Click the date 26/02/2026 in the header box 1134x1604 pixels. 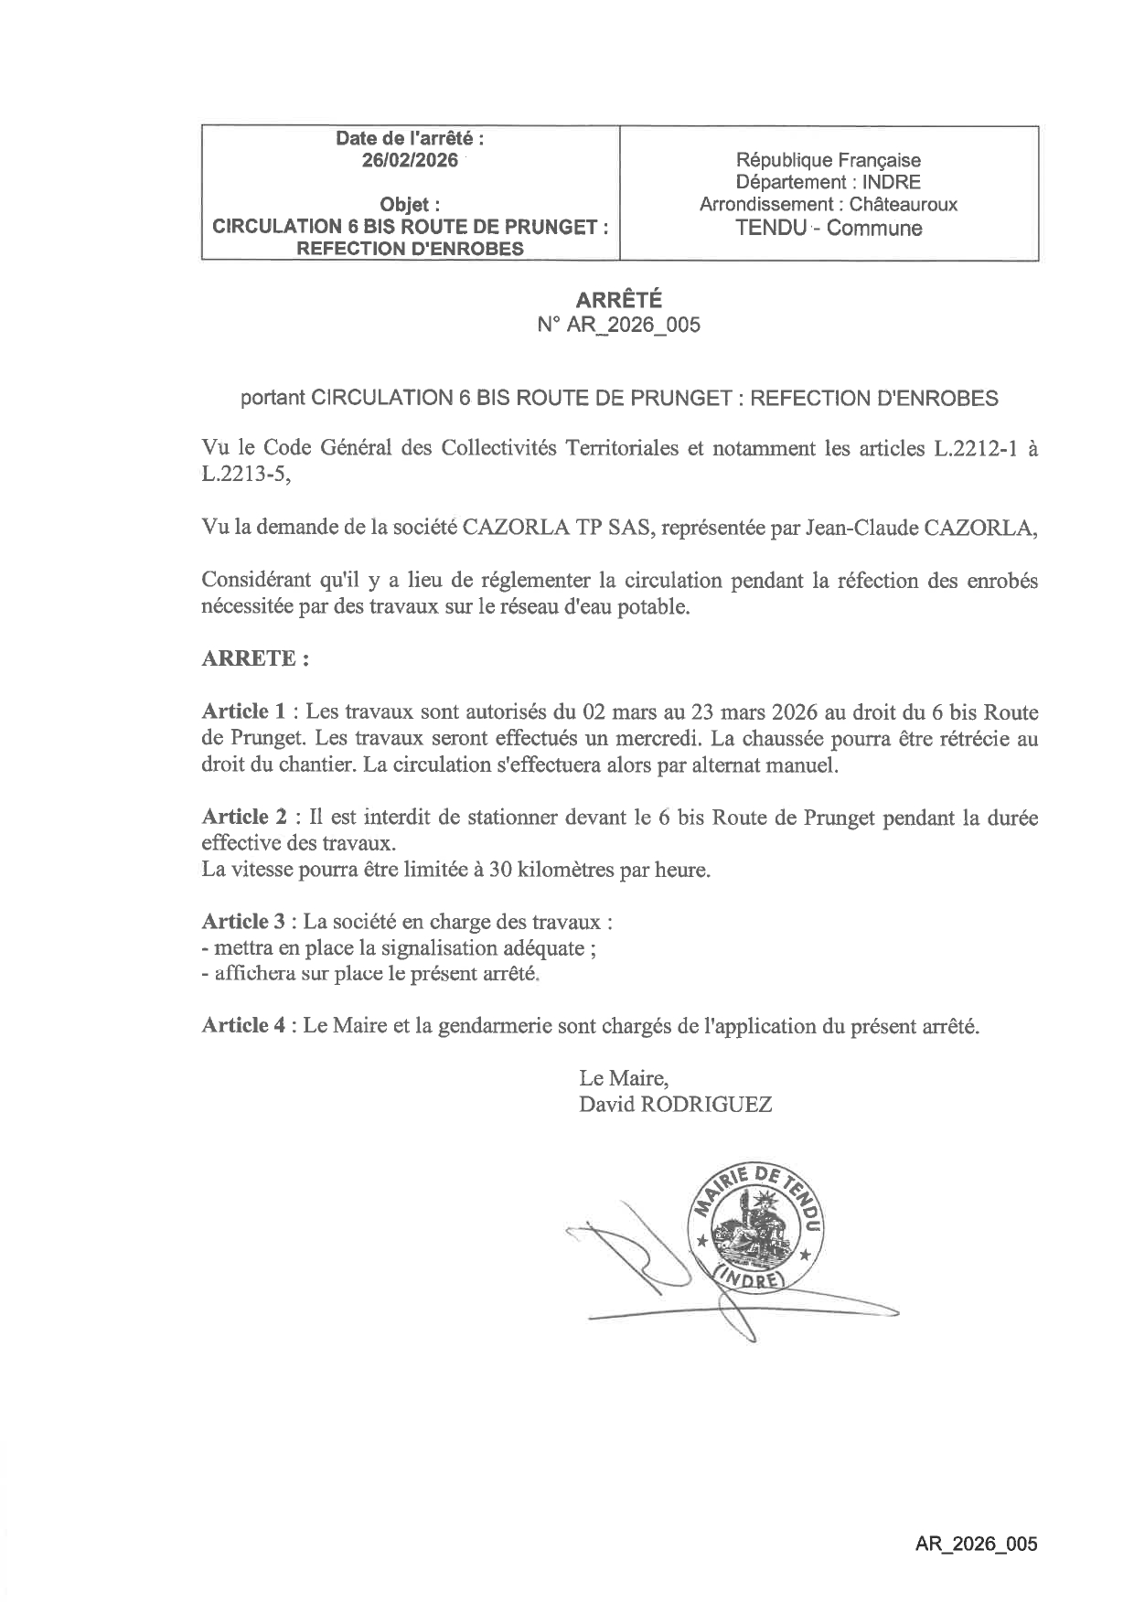[411, 161]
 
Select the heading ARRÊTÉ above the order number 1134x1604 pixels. [618, 300]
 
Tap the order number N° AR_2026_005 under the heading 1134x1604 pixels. [618, 325]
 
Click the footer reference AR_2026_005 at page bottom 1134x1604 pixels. [976, 1545]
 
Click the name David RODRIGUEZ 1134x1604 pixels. [675, 1104]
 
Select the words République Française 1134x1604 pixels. [829, 161]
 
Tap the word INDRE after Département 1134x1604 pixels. [892, 183]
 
